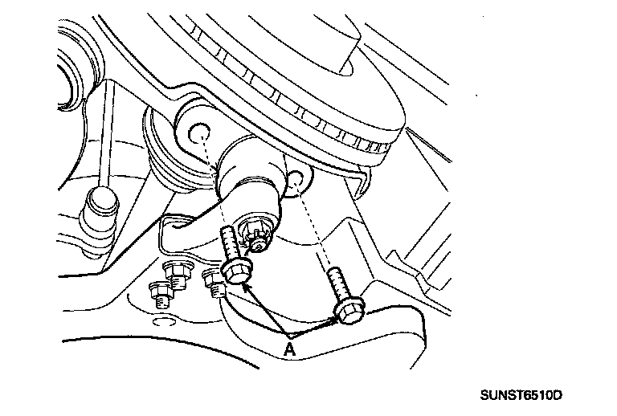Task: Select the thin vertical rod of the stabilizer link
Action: [x=106, y=137]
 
